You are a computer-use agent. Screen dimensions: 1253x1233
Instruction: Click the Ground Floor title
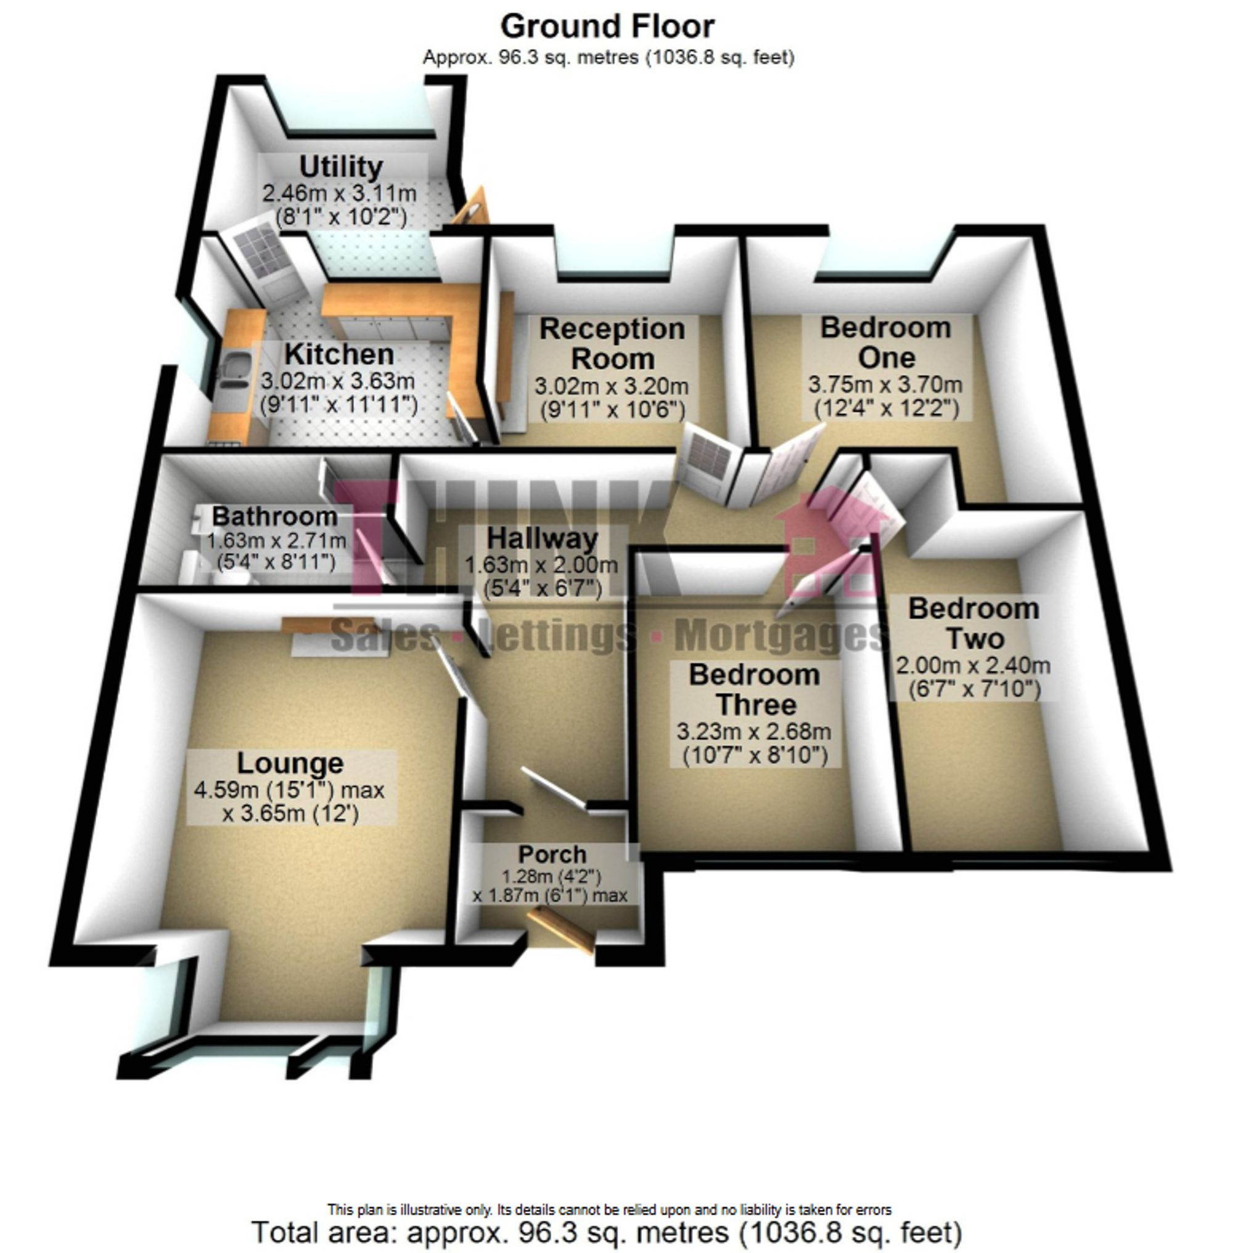607,27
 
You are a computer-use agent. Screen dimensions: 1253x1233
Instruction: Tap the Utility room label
341,167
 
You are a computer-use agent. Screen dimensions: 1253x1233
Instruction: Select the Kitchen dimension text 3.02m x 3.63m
337,381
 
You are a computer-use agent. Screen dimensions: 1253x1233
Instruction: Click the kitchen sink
232,374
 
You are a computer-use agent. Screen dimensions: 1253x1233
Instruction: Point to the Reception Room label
612,344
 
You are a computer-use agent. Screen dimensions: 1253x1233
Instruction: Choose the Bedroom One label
886,343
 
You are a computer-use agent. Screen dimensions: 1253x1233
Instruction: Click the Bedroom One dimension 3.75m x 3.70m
885,384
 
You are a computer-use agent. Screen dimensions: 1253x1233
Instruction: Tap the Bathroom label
274,516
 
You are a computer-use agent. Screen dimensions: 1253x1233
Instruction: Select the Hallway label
542,538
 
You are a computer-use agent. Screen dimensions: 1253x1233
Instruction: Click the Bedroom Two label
973,623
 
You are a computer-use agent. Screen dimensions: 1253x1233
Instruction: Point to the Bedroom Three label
755,689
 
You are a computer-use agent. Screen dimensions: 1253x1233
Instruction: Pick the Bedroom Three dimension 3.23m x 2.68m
754,732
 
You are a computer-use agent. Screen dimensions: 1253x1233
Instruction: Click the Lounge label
290,763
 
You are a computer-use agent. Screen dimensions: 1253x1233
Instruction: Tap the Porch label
552,854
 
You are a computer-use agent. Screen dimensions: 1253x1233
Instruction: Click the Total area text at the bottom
607,1232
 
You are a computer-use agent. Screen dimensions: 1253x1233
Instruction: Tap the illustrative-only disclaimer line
608,1209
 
